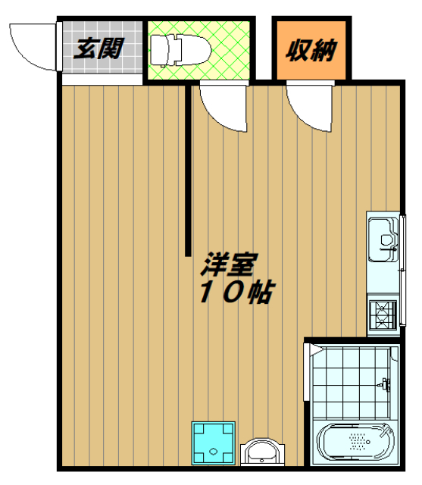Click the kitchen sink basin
383,236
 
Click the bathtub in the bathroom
356,443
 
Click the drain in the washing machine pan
213,450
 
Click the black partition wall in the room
187,171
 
